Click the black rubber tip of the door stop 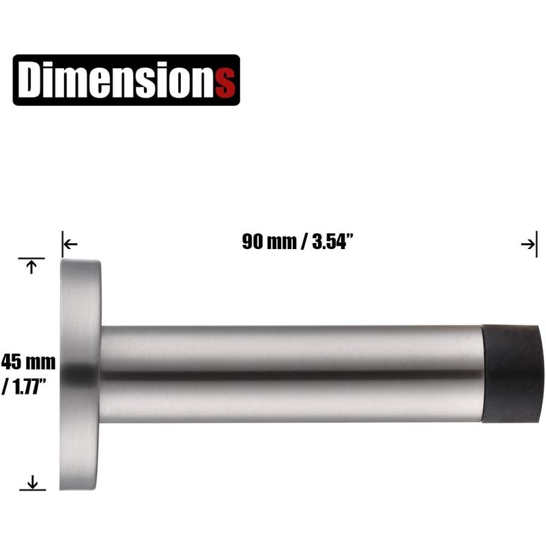[514, 374]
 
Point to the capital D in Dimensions [31, 80]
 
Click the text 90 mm [266, 242]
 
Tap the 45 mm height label [29, 362]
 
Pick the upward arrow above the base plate [30, 268]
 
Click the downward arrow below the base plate [31, 482]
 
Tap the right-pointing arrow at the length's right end [528, 244]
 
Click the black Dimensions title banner [126, 80]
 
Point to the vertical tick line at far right [536, 244]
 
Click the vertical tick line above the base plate [62, 244]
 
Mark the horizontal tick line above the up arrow [31, 259]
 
